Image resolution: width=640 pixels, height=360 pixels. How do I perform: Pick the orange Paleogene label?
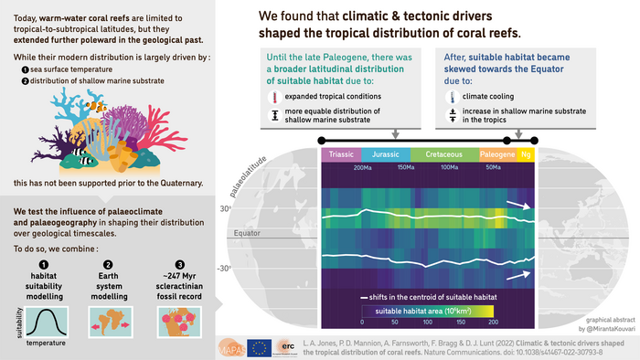click(497, 154)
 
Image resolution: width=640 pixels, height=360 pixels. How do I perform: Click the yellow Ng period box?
click(526, 154)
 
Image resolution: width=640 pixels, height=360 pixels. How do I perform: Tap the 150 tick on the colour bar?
click(458, 322)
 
